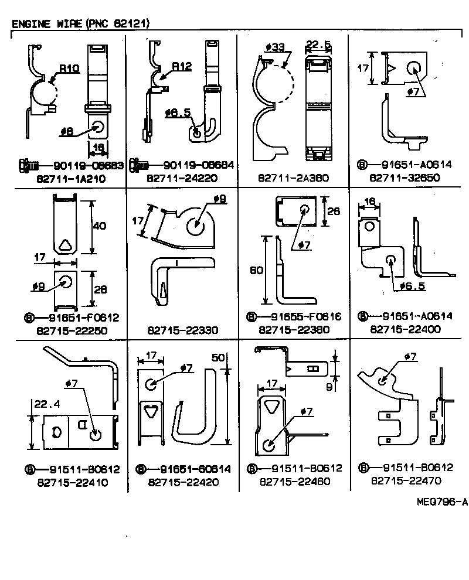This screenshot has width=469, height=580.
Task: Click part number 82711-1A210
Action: [72, 178]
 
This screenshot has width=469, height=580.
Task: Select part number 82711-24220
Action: [182, 178]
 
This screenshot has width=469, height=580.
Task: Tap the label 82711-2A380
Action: [293, 178]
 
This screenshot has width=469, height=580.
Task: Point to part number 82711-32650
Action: [405, 178]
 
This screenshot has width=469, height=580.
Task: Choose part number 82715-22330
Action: [182, 330]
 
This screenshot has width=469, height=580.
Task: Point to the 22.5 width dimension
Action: [319, 44]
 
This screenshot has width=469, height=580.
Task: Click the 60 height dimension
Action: [256, 271]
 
